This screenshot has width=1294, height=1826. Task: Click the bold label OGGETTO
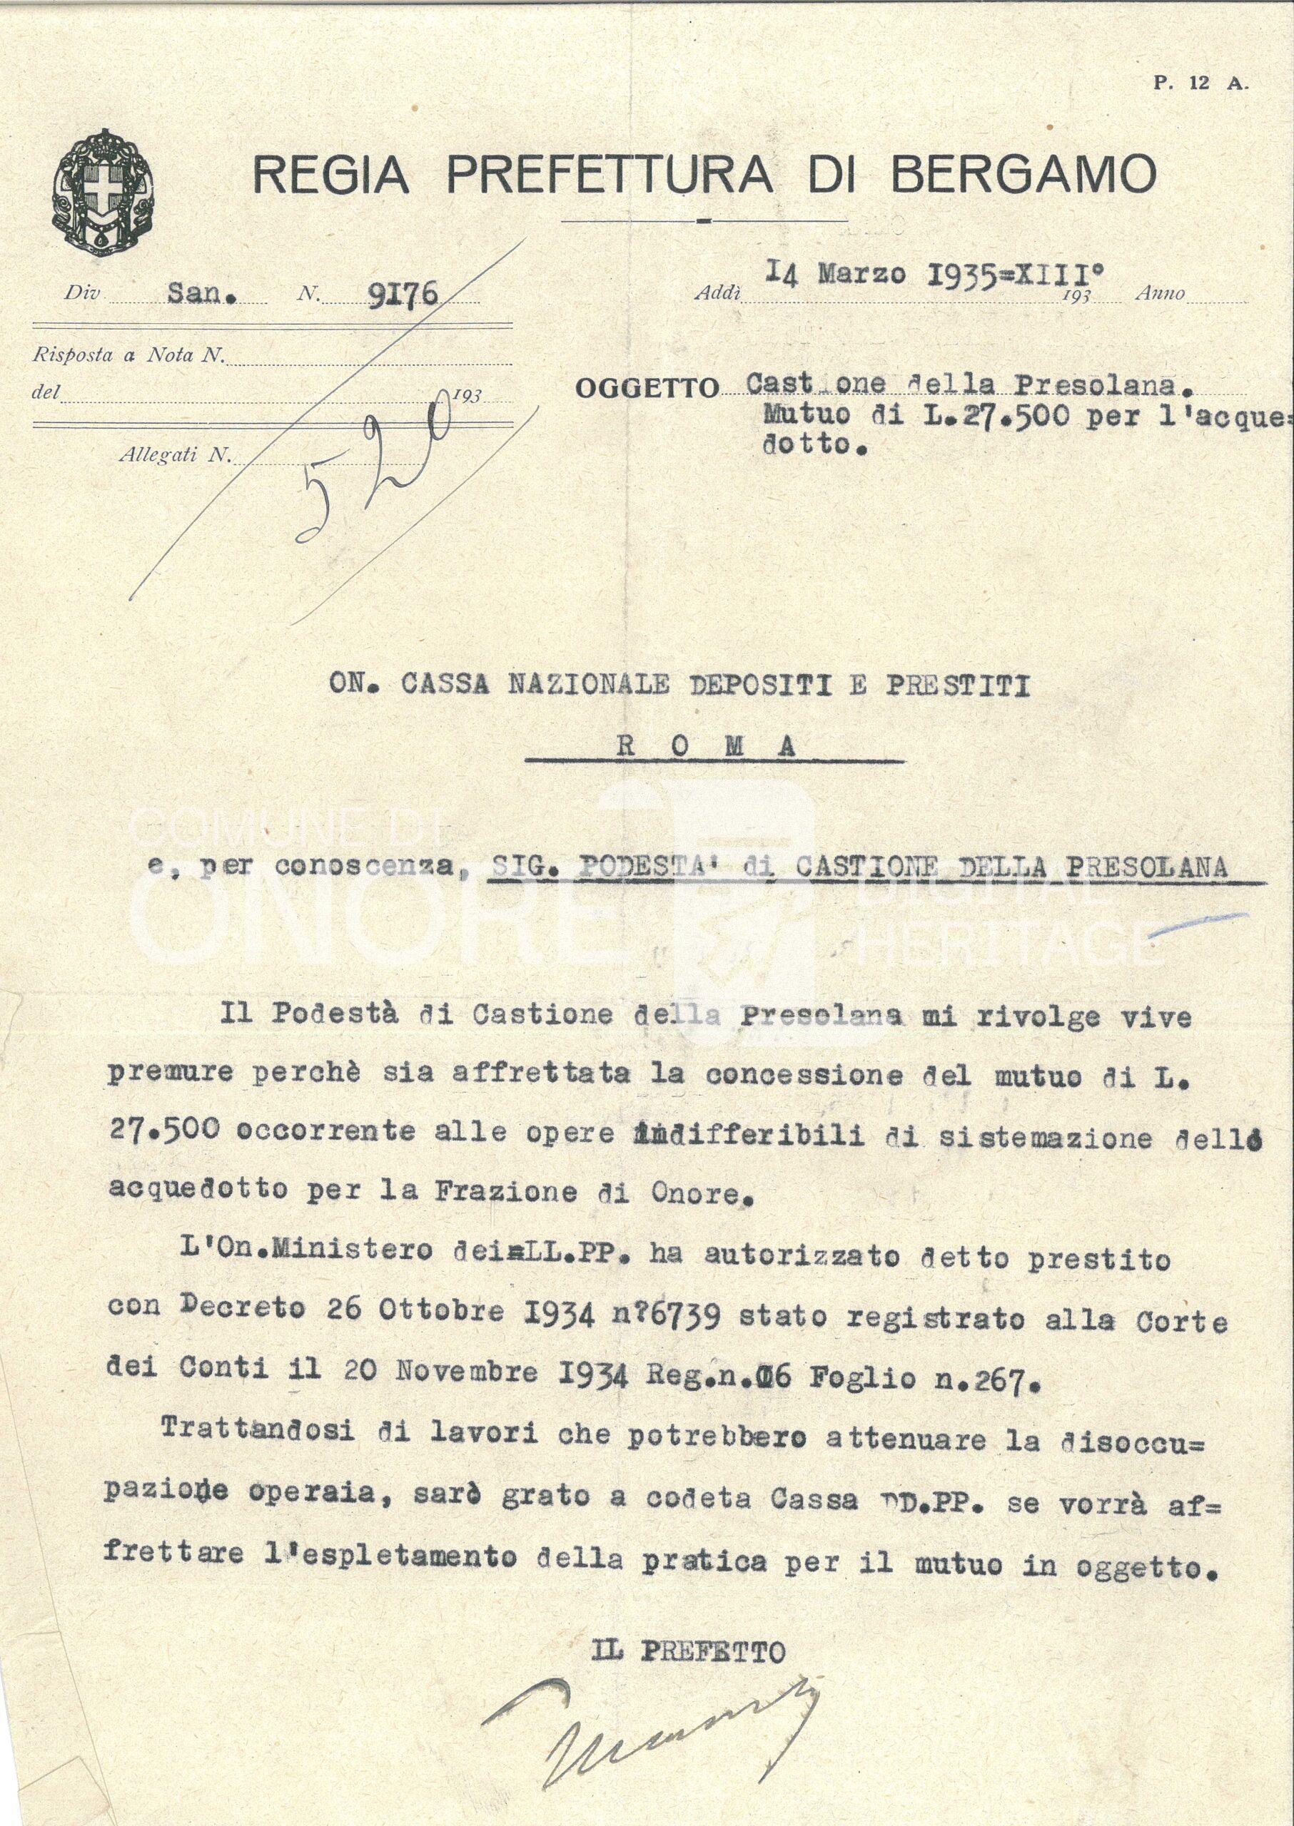[x=646, y=389]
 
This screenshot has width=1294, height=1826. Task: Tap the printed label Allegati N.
[x=173, y=456]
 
